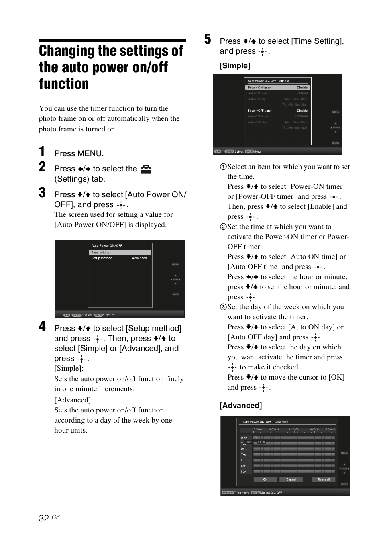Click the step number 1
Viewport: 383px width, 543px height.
[42, 152]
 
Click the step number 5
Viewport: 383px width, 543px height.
[208, 39]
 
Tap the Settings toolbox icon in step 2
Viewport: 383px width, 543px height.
[146, 169]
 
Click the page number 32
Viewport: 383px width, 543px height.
[44, 518]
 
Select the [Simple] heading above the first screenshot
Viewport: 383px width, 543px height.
[235, 66]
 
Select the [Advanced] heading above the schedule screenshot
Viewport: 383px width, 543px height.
[240, 406]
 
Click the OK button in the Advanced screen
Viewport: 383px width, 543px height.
[265, 480]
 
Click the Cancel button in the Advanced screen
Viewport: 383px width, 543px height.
[291, 480]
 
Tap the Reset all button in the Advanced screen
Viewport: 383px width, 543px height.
[324, 480]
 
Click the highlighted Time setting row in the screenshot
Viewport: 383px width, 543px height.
[120, 253]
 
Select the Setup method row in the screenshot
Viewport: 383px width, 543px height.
[120, 258]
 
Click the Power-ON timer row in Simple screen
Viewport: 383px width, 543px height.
[277, 88]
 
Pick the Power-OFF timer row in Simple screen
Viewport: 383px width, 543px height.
[277, 110]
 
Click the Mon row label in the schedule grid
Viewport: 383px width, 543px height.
[244, 438]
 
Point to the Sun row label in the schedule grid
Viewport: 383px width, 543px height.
[244, 472]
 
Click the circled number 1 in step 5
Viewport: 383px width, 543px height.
[223, 167]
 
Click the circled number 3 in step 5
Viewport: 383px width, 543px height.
[223, 307]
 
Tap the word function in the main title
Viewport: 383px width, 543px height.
[64, 84]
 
